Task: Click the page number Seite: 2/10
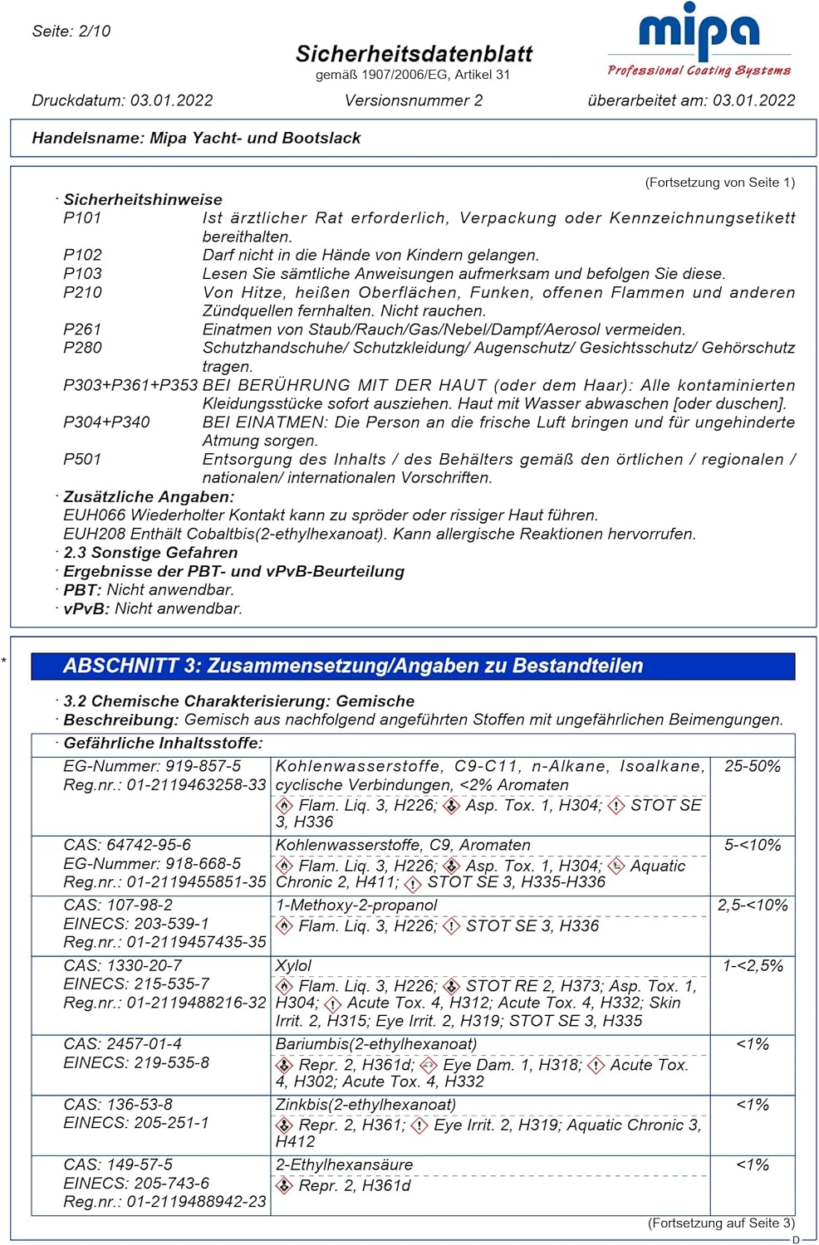[71, 32]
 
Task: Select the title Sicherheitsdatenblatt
[414, 54]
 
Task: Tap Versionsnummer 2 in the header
[414, 100]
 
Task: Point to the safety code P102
[82, 255]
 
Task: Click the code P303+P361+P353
[130, 385]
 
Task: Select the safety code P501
[82, 459]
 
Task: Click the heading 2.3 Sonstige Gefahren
[150, 553]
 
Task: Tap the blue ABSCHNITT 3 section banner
[413, 666]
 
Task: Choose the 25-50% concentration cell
[753, 766]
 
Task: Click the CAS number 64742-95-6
[127, 845]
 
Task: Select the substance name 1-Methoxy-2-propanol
[356, 906]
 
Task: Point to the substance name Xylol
[293, 965]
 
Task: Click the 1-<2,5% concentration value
[753, 965]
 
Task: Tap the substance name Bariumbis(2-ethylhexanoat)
[376, 1044]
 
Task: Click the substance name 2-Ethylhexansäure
[344, 1164]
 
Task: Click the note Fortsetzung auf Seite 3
[721, 1223]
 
